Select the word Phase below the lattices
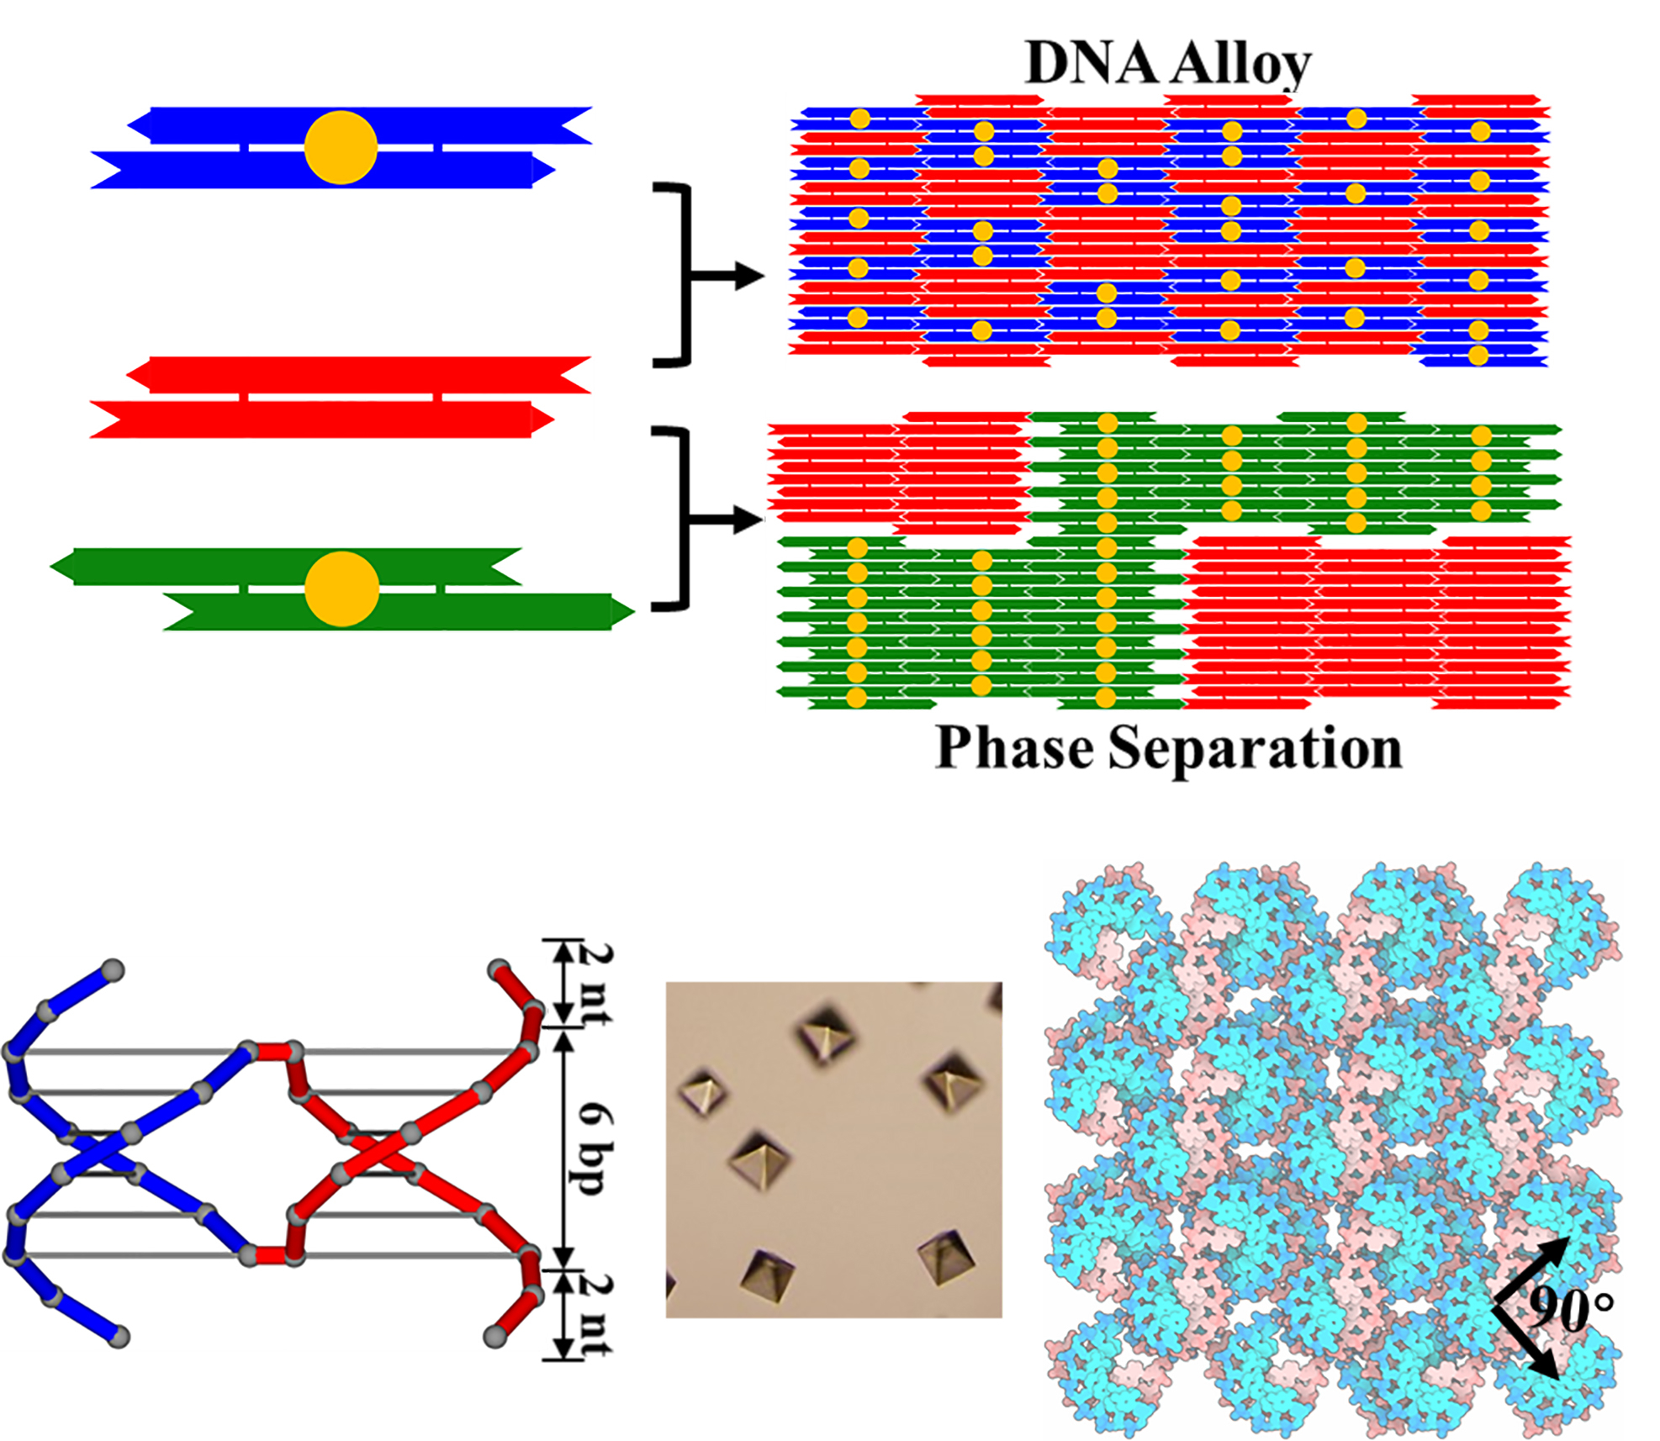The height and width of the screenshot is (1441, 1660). click(1014, 747)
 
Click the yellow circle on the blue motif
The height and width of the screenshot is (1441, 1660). click(341, 147)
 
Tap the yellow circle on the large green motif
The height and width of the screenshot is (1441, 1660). click(341, 589)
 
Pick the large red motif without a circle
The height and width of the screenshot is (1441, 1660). click(336, 397)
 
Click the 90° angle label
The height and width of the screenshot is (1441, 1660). click(1570, 1308)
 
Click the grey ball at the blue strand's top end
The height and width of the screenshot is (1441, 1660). click(113, 971)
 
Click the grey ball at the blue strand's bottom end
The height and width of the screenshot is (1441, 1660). click(119, 1337)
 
